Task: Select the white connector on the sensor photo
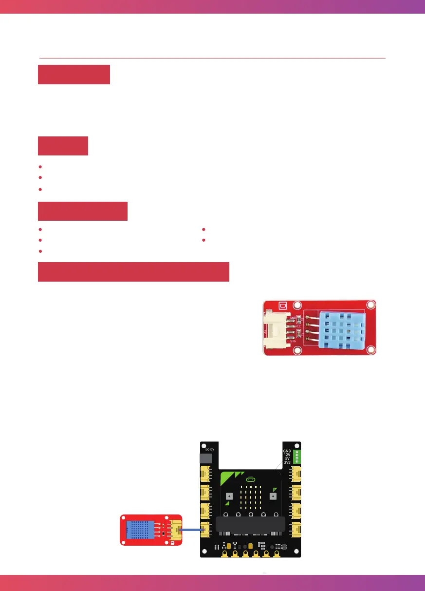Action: coord(278,329)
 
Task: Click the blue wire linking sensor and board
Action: coord(191,529)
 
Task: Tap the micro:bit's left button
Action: coord(229,496)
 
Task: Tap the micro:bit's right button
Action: coord(273,496)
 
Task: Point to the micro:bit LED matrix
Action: coord(251,497)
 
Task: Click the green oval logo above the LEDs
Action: coord(251,479)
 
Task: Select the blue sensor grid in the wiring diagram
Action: coord(140,529)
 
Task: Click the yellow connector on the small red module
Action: coord(174,529)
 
